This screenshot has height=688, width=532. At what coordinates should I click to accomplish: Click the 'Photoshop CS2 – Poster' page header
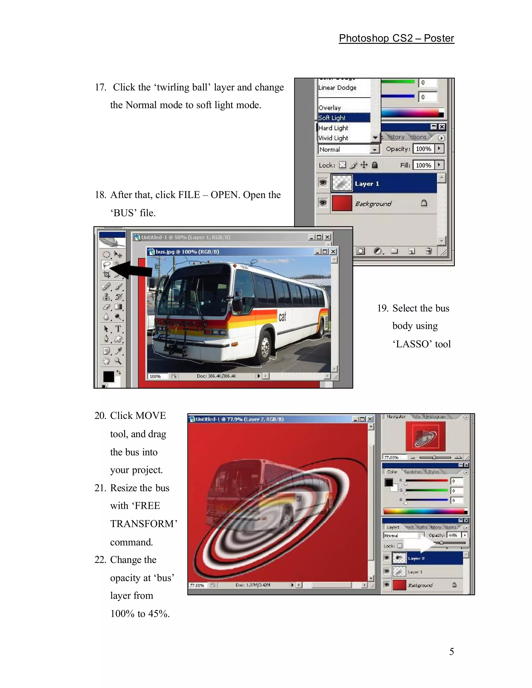tap(396, 38)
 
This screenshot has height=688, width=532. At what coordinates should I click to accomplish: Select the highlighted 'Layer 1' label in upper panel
tap(367, 184)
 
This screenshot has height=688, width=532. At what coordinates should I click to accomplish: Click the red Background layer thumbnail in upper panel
tap(342, 203)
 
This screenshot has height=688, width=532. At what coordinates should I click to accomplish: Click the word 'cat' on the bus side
tap(282, 316)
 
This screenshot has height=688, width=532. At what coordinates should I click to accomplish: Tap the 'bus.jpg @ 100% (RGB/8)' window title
tap(187, 252)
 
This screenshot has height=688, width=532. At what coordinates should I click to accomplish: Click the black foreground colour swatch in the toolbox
tap(108, 376)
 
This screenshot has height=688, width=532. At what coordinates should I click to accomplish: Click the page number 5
tap(451, 651)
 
